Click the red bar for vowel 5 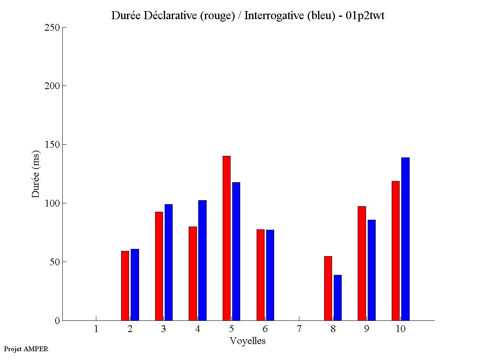pos(227,238)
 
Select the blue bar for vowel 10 pos(405,239)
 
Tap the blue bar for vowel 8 pos(338,298)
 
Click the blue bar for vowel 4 pos(202,260)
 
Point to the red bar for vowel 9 pos(362,263)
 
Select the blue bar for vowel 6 pos(270,275)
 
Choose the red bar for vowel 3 pos(159,266)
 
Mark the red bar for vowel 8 pos(328,288)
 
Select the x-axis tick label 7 pos(299,329)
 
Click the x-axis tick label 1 pos(96,329)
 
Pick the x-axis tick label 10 pos(400,329)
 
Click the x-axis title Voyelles pos(247,341)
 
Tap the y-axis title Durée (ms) pos(36,174)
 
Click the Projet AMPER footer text pos(26,349)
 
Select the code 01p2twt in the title pos(364,16)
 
